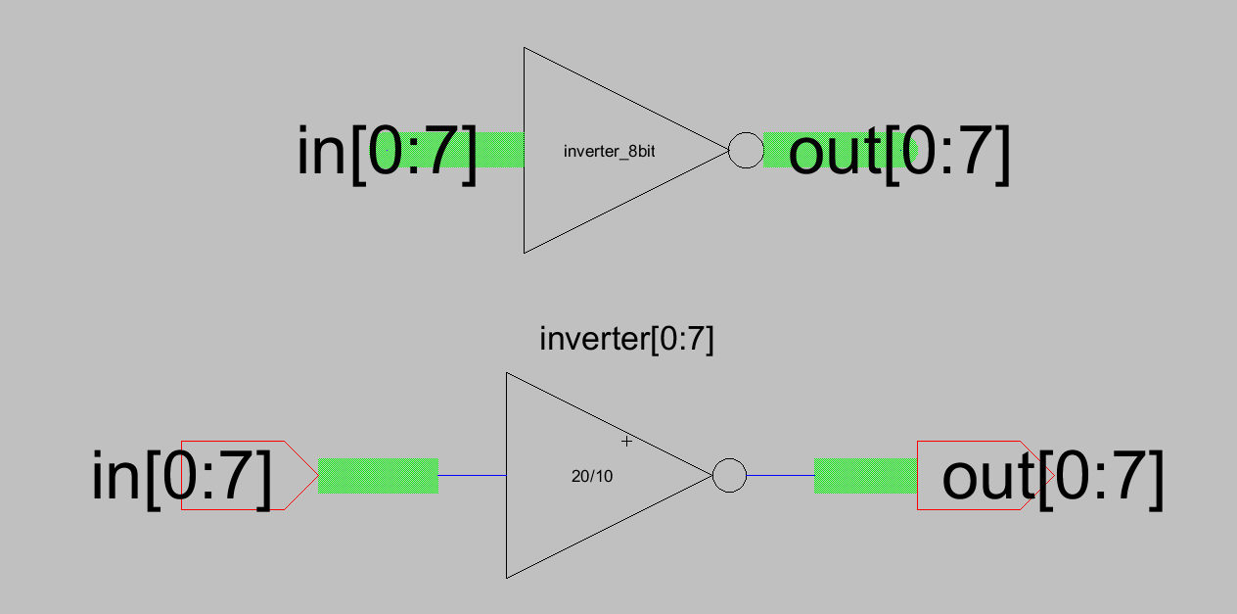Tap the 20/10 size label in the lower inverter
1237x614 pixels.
click(x=593, y=477)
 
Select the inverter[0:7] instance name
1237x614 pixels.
click(x=626, y=340)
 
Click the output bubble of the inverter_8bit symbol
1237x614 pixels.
click(x=746, y=150)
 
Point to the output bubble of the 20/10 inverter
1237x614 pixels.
click(x=729, y=476)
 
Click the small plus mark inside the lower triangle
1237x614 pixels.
click(x=627, y=442)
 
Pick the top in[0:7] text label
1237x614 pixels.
click(x=387, y=152)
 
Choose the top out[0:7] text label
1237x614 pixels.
click(x=898, y=153)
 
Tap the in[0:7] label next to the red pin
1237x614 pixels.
click(x=181, y=476)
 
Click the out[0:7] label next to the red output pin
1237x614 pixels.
click(x=1052, y=477)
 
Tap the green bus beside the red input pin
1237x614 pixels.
click(x=378, y=475)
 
